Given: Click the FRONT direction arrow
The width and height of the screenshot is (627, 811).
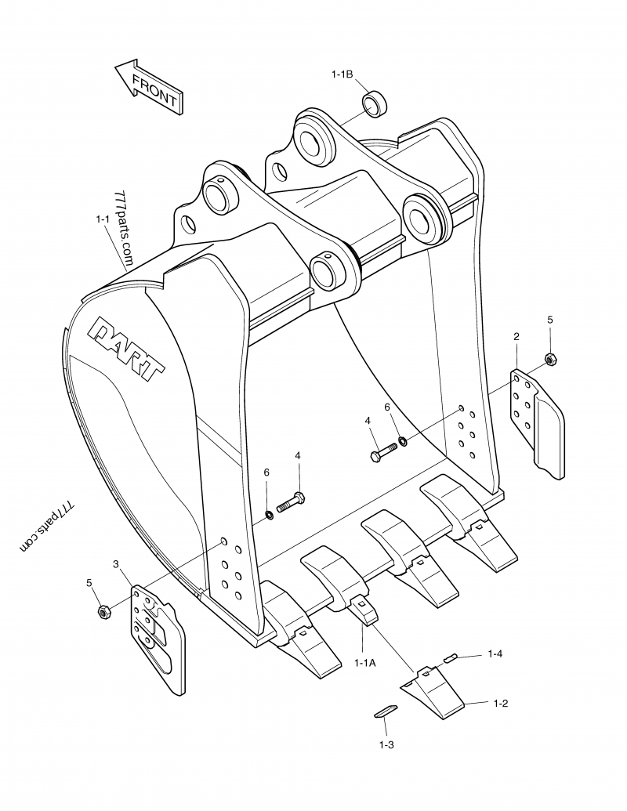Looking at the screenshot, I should [149, 88].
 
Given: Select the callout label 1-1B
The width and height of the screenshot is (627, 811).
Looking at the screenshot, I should [342, 74].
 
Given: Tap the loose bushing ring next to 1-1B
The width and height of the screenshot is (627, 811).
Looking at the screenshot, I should [375, 104].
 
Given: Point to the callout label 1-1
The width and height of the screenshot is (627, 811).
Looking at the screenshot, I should [103, 220].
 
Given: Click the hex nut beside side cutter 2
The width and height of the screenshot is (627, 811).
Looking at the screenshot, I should [549, 359].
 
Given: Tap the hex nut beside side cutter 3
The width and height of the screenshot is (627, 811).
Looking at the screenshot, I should [102, 610].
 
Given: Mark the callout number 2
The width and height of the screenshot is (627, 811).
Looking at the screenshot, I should [516, 336].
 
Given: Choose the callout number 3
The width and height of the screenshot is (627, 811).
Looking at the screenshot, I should [116, 564].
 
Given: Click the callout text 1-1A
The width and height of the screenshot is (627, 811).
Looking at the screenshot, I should [365, 662].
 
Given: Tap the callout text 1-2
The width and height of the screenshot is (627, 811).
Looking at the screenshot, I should [501, 703].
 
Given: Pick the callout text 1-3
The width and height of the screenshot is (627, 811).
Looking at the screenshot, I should [386, 744].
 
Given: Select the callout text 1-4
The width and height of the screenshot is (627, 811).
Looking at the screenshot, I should [495, 653].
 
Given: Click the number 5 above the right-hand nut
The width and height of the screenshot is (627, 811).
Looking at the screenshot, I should [549, 320].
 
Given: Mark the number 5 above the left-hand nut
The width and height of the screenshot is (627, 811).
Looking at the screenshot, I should [89, 582].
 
